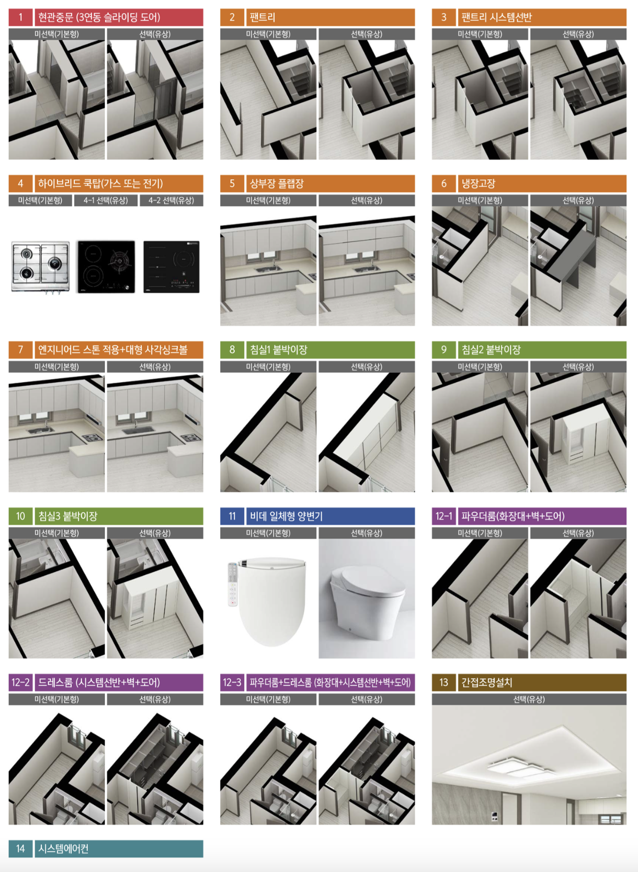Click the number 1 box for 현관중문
click(x=20, y=17)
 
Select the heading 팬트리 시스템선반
click(x=497, y=17)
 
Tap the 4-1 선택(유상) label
click(x=106, y=200)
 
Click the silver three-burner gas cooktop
click(x=40, y=268)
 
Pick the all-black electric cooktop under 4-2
click(x=172, y=267)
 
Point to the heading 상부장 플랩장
click(x=277, y=183)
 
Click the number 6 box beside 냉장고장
click(x=443, y=183)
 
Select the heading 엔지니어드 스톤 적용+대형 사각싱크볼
click(x=112, y=350)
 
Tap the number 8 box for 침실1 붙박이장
click(x=232, y=350)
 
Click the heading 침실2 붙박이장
click(x=491, y=350)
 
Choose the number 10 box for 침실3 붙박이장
click(x=20, y=516)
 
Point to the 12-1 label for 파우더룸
click(x=443, y=516)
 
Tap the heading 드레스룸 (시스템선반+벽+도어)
click(x=99, y=682)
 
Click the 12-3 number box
click(x=232, y=682)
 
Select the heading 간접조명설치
click(x=486, y=682)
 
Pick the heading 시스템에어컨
click(x=63, y=848)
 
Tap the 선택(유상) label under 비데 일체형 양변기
click(x=367, y=533)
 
